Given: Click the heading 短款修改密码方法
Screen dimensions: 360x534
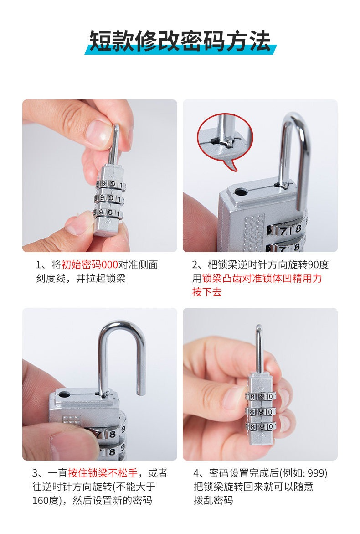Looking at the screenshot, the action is coord(180,41).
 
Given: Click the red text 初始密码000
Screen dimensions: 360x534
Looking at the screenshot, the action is coord(89,264).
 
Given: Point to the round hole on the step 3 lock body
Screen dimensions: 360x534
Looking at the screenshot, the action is coord(64,395).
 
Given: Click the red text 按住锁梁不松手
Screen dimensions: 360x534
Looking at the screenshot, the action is coord(103,473).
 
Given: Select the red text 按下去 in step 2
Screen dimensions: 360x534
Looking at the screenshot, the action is coord(207,292).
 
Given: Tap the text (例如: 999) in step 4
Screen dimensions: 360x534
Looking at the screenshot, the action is coord(303,473).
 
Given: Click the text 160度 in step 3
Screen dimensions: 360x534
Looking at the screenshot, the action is coord(46,500).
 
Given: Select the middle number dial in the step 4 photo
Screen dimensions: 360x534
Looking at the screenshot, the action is coord(260,411).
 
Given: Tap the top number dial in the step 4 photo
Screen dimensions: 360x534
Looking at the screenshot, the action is coord(260,396).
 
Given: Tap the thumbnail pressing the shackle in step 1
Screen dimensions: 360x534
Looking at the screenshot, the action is coord(99,131).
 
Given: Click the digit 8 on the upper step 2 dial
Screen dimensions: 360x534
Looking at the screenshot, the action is coord(298,228).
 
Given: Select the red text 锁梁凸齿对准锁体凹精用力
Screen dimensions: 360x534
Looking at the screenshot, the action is coord(262,278).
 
